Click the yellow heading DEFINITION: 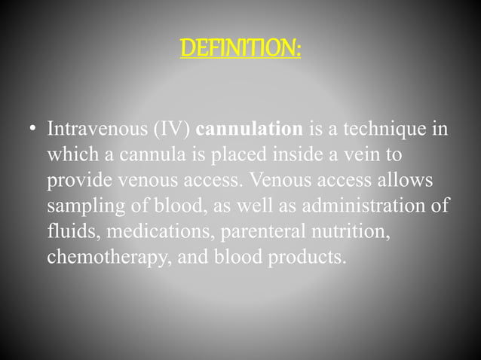[x=240, y=50]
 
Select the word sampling [x=79, y=207]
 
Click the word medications [x=150, y=232]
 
